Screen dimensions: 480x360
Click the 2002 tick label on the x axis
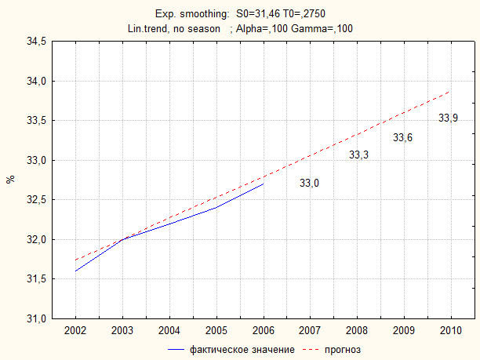[x=75, y=331]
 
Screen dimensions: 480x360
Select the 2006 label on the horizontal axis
[x=264, y=331]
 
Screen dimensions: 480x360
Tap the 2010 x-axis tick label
[x=451, y=331]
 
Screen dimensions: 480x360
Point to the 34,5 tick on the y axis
[x=36, y=41]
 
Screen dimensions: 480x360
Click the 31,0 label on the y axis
[x=36, y=318]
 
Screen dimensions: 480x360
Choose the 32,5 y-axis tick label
[x=36, y=199]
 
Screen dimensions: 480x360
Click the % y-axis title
[x=10, y=179]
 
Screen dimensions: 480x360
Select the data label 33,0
[x=309, y=183]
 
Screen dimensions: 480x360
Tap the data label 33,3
[x=358, y=155]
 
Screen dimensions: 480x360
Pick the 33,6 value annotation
[x=402, y=137]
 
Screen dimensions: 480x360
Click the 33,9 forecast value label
[x=448, y=118]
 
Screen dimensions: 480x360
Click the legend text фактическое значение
[x=242, y=350]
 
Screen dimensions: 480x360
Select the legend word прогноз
[x=343, y=350]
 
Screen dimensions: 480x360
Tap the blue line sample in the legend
[x=176, y=350]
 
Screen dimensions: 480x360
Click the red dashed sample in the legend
[x=311, y=350]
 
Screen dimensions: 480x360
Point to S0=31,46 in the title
[x=258, y=14]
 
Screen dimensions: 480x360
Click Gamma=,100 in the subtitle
[x=322, y=28]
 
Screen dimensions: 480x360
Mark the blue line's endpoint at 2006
[x=264, y=184]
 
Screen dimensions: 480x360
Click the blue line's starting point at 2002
[x=75, y=271]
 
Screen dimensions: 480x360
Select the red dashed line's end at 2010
[x=450, y=91]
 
